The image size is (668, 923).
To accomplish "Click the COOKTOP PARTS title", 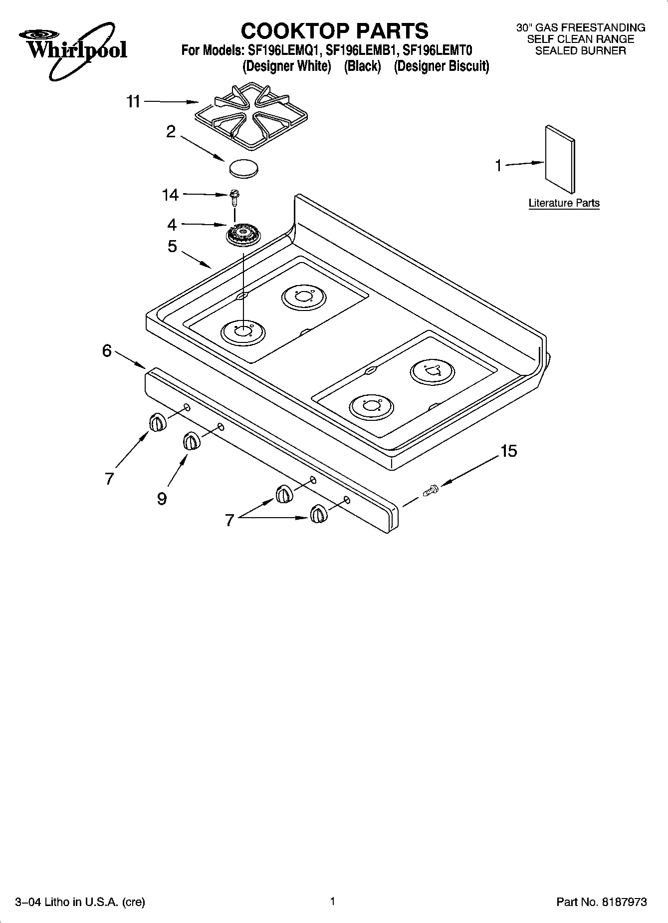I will [x=334, y=30].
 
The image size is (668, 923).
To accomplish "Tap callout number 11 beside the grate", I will [x=133, y=102].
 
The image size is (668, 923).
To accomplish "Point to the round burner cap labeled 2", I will [x=244, y=168].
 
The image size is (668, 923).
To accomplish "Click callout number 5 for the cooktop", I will [x=172, y=246].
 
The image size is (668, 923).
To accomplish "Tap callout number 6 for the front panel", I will [x=107, y=350].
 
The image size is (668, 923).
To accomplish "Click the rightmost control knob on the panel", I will [x=318, y=514].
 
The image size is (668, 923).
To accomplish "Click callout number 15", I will [x=508, y=451].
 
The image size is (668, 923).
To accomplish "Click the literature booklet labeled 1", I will [x=560, y=159].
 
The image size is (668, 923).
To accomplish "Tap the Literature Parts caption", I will [x=564, y=203].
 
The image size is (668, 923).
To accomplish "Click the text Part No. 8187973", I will [x=601, y=902].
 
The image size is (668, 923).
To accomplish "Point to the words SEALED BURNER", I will [x=580, y=50].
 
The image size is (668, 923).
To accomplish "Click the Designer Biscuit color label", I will [x=441, y=66].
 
